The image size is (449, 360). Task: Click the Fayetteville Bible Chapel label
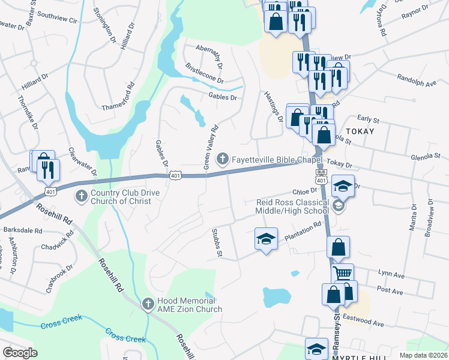[x=277, y=159]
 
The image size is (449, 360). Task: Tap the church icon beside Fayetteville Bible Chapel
[x=223, y=159]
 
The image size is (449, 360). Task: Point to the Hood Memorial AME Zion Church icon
[x=148, y=304]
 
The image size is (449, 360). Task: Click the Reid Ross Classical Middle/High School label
[x=292, y=206]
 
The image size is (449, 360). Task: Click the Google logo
[x=20, y=353]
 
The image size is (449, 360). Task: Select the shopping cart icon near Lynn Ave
[x=343, y=273]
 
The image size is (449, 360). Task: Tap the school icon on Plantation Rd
[x=266, y=238]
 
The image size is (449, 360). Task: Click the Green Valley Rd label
[x=210, y=146]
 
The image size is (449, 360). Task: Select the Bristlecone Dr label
[x=205, y=73]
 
